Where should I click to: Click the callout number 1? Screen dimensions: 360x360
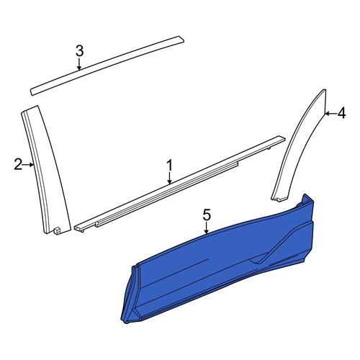click(x=170, y=166)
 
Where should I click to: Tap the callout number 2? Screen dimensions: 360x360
click(x=18, y=165)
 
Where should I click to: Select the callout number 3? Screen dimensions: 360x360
click(x=79, y=51)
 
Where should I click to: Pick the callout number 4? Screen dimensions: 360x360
click(x=341, y=113)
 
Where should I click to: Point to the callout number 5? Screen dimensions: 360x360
click(x=207, y=215)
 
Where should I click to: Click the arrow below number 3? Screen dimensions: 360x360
click(x=79, y=64)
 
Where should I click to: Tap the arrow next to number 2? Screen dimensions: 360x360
click(x=28, y=165)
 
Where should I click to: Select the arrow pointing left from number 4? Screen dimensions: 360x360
click(x=330, y=114)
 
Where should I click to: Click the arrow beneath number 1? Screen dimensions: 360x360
click(x=170, y=179)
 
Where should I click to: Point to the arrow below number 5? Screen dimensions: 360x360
click(x=207, y=228)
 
